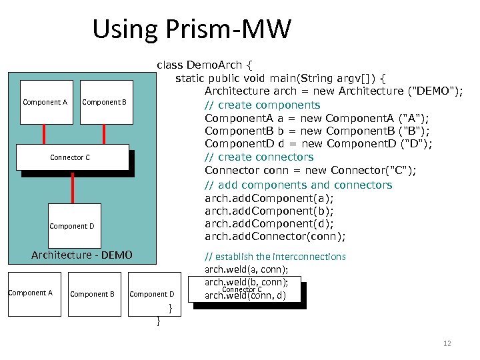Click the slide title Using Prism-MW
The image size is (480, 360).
tap(192, 29)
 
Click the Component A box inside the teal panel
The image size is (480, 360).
tap(45, 102)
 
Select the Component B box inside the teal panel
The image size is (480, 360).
tap(104, 102)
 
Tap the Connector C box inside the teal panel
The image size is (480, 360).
tap(71, 157)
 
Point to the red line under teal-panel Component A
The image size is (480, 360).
tap(45, 133)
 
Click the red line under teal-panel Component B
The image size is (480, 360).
tap(104, 133)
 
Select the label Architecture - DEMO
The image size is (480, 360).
tap(82, 255)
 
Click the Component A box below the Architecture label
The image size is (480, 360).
tap(31, 293)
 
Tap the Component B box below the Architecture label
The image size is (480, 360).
tap(92, 293)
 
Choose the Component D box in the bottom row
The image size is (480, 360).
tap(152, 293)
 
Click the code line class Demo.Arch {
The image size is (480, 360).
tap(205, 65)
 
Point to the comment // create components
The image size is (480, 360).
tap(262, 105)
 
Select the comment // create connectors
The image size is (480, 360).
tap(259, 157)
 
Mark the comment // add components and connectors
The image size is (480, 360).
tap(298, 185)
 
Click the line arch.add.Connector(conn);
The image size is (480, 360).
tap(275, 237)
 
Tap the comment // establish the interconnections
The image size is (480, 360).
tap(275, 257)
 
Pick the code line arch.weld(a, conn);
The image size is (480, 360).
tap(246, 269)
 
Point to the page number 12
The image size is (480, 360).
tap(447, 343)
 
